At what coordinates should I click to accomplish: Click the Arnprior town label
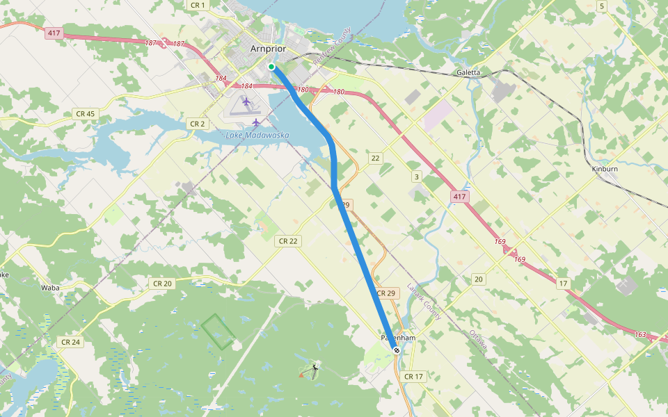(x=268, y=49)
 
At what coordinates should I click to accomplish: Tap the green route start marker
(x=271, y=67)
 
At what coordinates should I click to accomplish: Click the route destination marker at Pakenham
(x=397, y=350)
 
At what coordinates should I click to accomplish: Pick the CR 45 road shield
(x=86, y=113)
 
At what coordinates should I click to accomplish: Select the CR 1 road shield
(x=198, y=5)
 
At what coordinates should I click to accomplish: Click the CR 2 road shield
(x=198, y=124)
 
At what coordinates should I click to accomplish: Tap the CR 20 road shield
(x=161, y=283)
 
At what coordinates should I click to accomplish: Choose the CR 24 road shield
(x=71, y=342)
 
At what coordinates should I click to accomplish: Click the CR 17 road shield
(x=413, y=377)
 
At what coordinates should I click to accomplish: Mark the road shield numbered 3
(x=417, y=177)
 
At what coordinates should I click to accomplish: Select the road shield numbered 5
(x=601, y=6)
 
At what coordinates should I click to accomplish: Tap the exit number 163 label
(x=640, y=335)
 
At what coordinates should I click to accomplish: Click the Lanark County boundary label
(x=424, y=301)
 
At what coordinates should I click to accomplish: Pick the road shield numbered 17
(x=563, y=283)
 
